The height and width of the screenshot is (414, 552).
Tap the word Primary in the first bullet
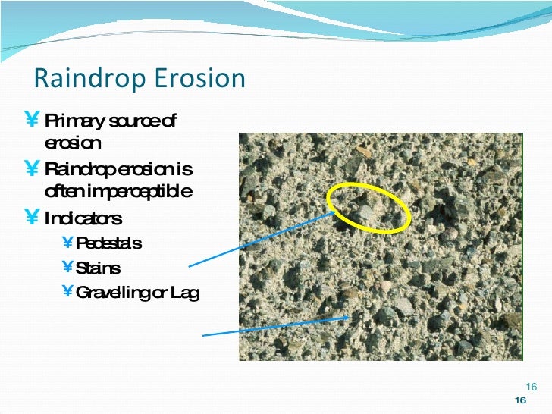71,121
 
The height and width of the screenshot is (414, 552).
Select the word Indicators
83,220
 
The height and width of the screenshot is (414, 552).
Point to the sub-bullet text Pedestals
108,243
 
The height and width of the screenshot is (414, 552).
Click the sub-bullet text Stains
98,268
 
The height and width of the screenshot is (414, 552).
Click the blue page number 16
531,386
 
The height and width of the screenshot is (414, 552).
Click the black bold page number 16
520,400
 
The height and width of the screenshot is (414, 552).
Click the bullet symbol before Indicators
33,220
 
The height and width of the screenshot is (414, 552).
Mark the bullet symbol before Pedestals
67,243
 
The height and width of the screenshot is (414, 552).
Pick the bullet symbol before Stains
67,268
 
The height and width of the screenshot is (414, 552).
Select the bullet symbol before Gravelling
67,293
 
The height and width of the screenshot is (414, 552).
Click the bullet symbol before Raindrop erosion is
33,168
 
